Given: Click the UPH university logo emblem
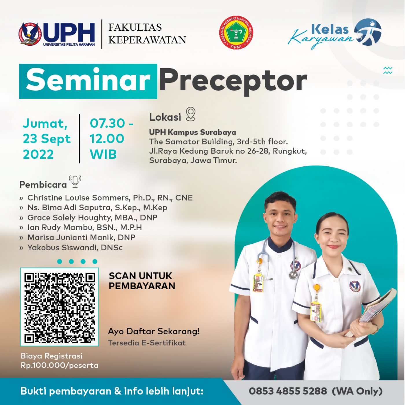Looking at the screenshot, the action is pos(30,34).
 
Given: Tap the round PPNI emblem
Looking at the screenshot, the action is pos(236,34).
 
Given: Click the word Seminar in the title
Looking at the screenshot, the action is pos(88,81).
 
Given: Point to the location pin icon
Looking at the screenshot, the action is pos(191,114).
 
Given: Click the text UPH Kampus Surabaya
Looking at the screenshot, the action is pos(192,132).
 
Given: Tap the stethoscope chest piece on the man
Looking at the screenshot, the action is pos(293,275).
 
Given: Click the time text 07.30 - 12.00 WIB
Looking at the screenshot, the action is pos(111,139).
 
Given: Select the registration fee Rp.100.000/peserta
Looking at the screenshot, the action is pos(60,365).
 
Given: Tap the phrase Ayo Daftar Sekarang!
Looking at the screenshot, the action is pos(154,331).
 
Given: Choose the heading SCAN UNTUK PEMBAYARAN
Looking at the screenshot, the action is pos(142,281).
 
